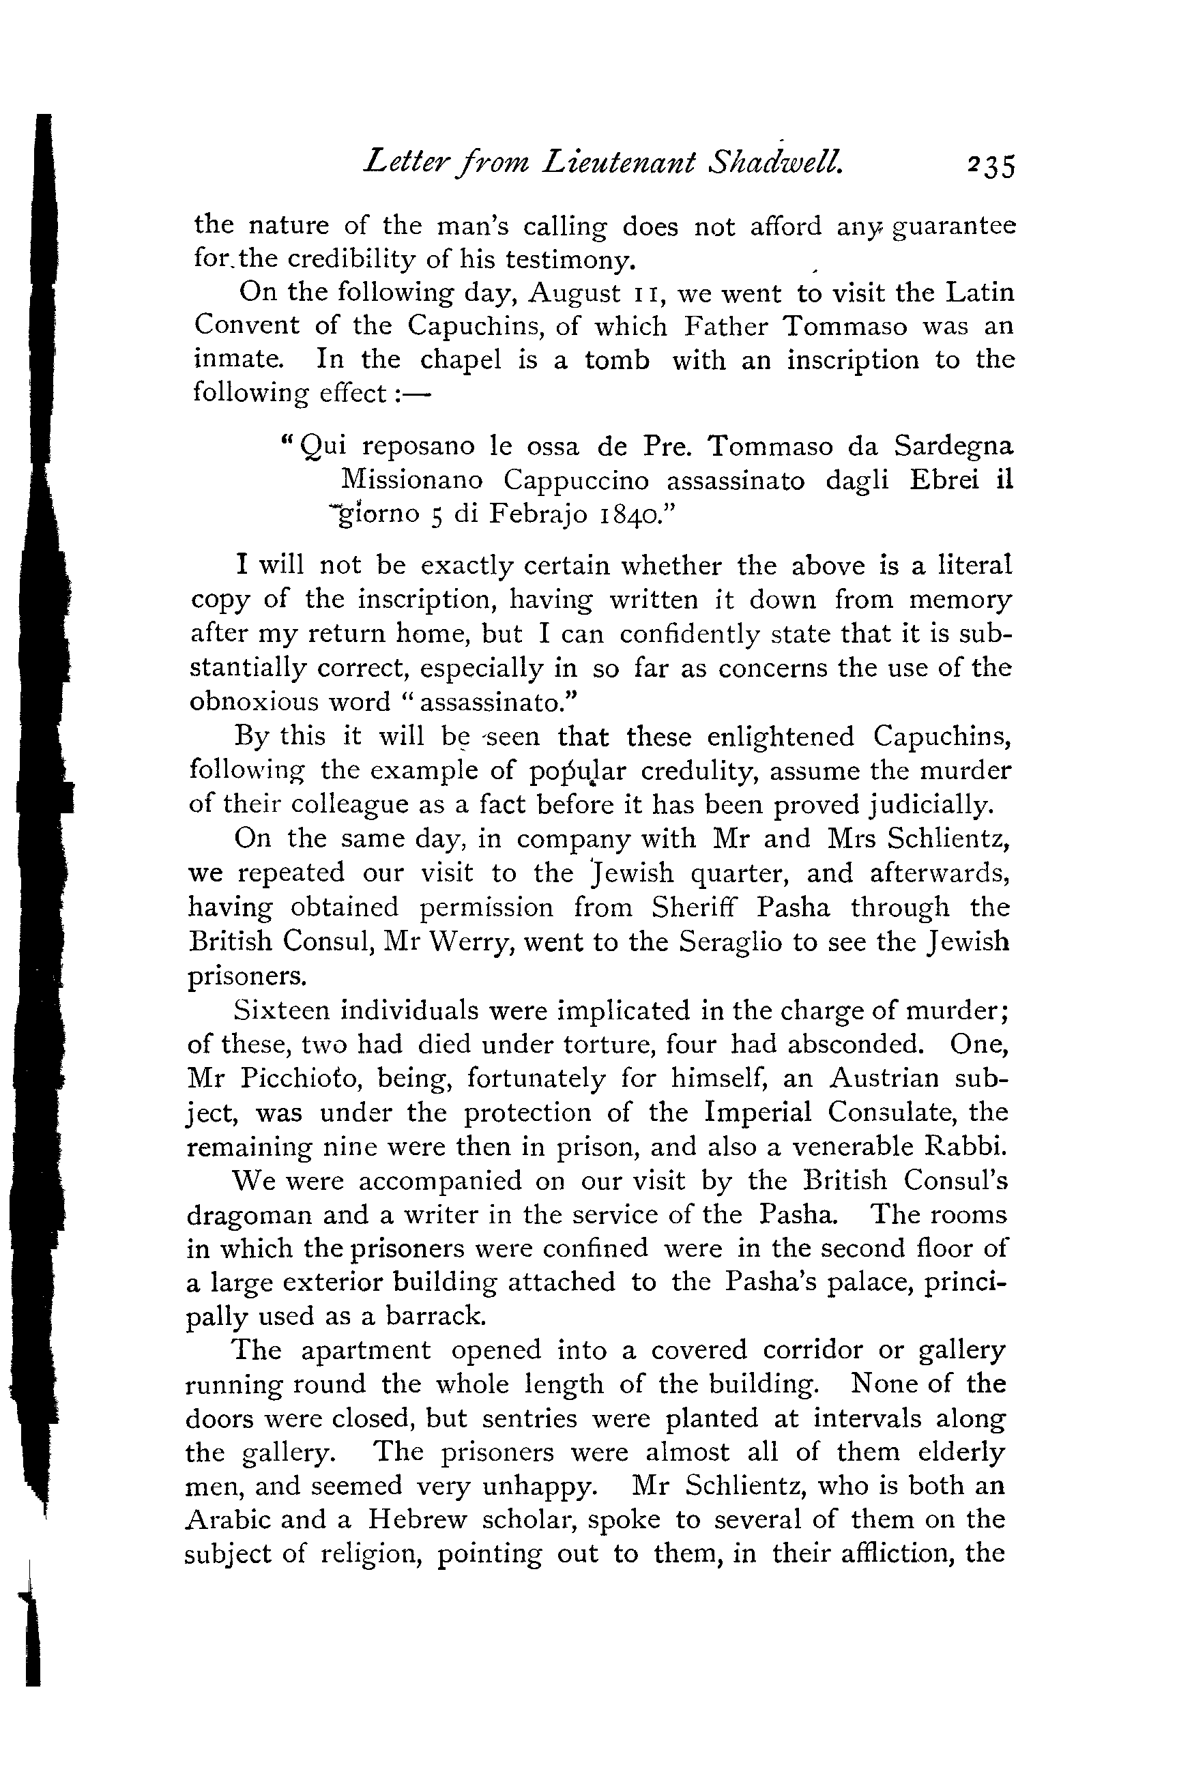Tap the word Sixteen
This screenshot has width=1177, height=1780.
click(280, 1011)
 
